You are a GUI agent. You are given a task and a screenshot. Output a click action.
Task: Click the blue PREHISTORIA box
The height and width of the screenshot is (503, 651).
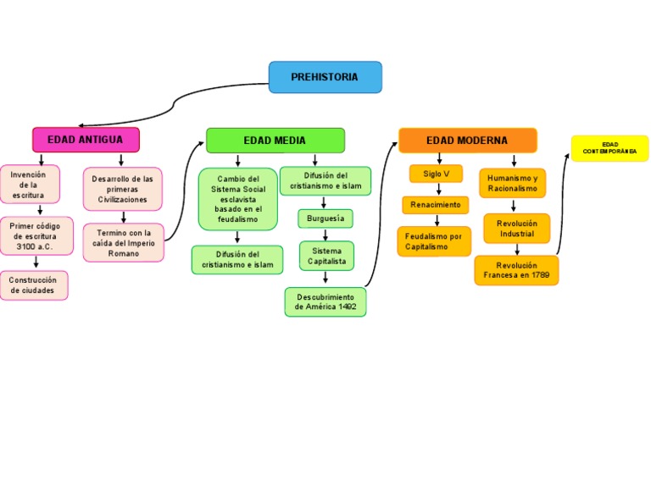(325, 77)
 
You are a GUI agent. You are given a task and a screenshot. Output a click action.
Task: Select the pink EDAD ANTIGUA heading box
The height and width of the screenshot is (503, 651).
(86, 140)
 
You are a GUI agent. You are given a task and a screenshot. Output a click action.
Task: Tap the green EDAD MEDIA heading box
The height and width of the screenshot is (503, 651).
(275, 141)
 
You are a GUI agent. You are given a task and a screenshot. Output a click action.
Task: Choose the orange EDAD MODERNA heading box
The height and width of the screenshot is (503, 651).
(468, 141)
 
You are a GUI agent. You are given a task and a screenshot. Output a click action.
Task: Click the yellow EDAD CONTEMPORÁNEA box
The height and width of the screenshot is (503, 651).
(609, 148)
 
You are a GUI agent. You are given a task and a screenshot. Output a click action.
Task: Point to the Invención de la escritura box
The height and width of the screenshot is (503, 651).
(29, 185)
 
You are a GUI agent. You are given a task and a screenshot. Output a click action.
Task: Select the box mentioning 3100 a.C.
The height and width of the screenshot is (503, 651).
(36, 236)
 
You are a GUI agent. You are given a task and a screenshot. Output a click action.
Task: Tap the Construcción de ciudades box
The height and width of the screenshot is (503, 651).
(34, 285)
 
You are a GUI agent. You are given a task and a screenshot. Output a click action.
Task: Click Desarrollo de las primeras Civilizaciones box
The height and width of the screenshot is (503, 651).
(123, 189)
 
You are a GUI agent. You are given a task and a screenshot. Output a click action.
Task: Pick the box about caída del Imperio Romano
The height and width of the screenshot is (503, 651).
(124, 243)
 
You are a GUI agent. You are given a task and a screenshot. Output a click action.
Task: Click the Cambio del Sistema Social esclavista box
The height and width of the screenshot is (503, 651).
(238, 199)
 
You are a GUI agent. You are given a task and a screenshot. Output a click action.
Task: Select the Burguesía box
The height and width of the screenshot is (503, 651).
(325, 218)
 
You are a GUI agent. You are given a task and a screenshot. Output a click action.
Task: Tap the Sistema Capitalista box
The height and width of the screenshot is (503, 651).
(326, 256)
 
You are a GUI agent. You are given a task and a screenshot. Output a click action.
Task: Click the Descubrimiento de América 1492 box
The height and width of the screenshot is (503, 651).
(325, 302)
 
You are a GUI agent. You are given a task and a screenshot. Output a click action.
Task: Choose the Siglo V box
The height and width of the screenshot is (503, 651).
(437, 174)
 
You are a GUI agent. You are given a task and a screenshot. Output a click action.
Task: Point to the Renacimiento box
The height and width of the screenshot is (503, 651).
(436, 205)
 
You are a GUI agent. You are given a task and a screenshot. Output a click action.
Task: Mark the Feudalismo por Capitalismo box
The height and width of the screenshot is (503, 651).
(434, 241)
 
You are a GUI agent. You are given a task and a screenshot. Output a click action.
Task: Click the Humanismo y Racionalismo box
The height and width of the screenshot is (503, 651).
(513, 183)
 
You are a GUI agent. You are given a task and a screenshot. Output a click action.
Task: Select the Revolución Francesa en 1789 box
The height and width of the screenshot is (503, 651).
(517, 270)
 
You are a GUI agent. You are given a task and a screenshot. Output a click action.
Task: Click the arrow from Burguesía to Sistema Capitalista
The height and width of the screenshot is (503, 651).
(325, 235)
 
